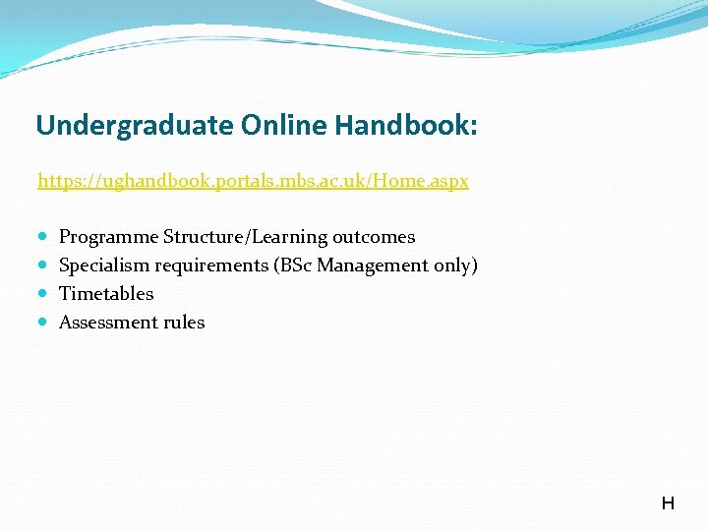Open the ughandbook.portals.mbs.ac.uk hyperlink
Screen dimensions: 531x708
click(253, 182)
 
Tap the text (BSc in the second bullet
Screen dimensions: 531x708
click(295, 265)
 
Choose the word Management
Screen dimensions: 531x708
click(372, 265)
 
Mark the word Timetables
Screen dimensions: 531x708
click(106, 294)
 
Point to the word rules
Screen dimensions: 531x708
click(182, 323)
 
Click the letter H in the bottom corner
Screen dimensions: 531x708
click(668, 503)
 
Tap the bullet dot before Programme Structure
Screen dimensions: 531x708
click(43, 237)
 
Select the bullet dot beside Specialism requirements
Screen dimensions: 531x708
click(43, 265)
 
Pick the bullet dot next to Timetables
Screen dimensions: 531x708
click(43, 294)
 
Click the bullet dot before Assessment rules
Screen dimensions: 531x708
click(43, 323)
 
